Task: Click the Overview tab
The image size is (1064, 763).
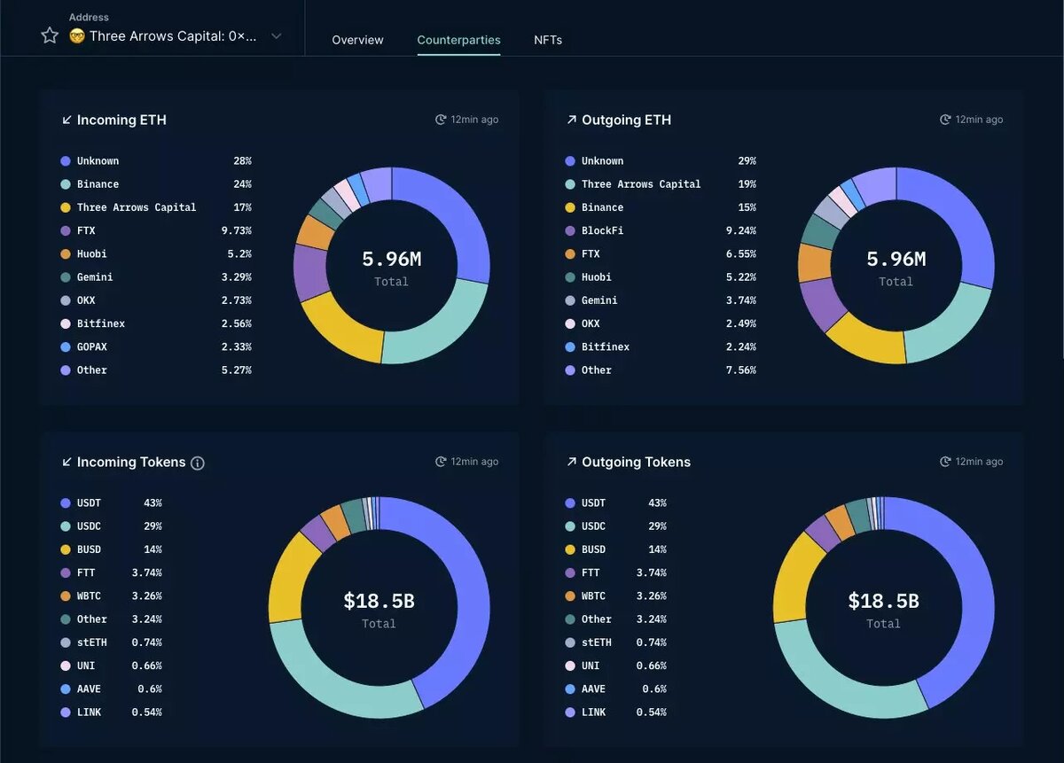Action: tap(357, 40)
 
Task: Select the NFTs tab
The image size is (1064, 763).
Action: tap(548, 40)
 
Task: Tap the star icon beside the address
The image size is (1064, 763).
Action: tap(50, 35)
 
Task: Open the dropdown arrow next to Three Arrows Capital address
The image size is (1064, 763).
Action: tap(276, 36)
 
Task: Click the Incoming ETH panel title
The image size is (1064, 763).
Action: tap(121, 120)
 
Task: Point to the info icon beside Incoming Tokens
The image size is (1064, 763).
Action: tap(198, 463)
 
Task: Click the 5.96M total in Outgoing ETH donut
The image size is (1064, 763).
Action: tap(896, 259)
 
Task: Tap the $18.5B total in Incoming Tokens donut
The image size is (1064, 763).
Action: tap(379, 601)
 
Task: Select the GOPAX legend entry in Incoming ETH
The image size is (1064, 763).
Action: tap(92, 346)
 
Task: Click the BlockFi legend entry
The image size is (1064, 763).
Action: tap(602, 230)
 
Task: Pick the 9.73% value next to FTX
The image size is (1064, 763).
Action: tap(236, 230)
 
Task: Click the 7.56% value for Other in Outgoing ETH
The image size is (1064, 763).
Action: tap(740, 370)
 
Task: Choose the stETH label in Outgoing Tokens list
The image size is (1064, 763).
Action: tap(596, 642)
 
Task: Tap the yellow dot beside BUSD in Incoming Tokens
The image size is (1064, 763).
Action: tap(65, 549)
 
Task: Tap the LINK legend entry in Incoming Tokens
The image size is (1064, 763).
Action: tap(89, 712)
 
